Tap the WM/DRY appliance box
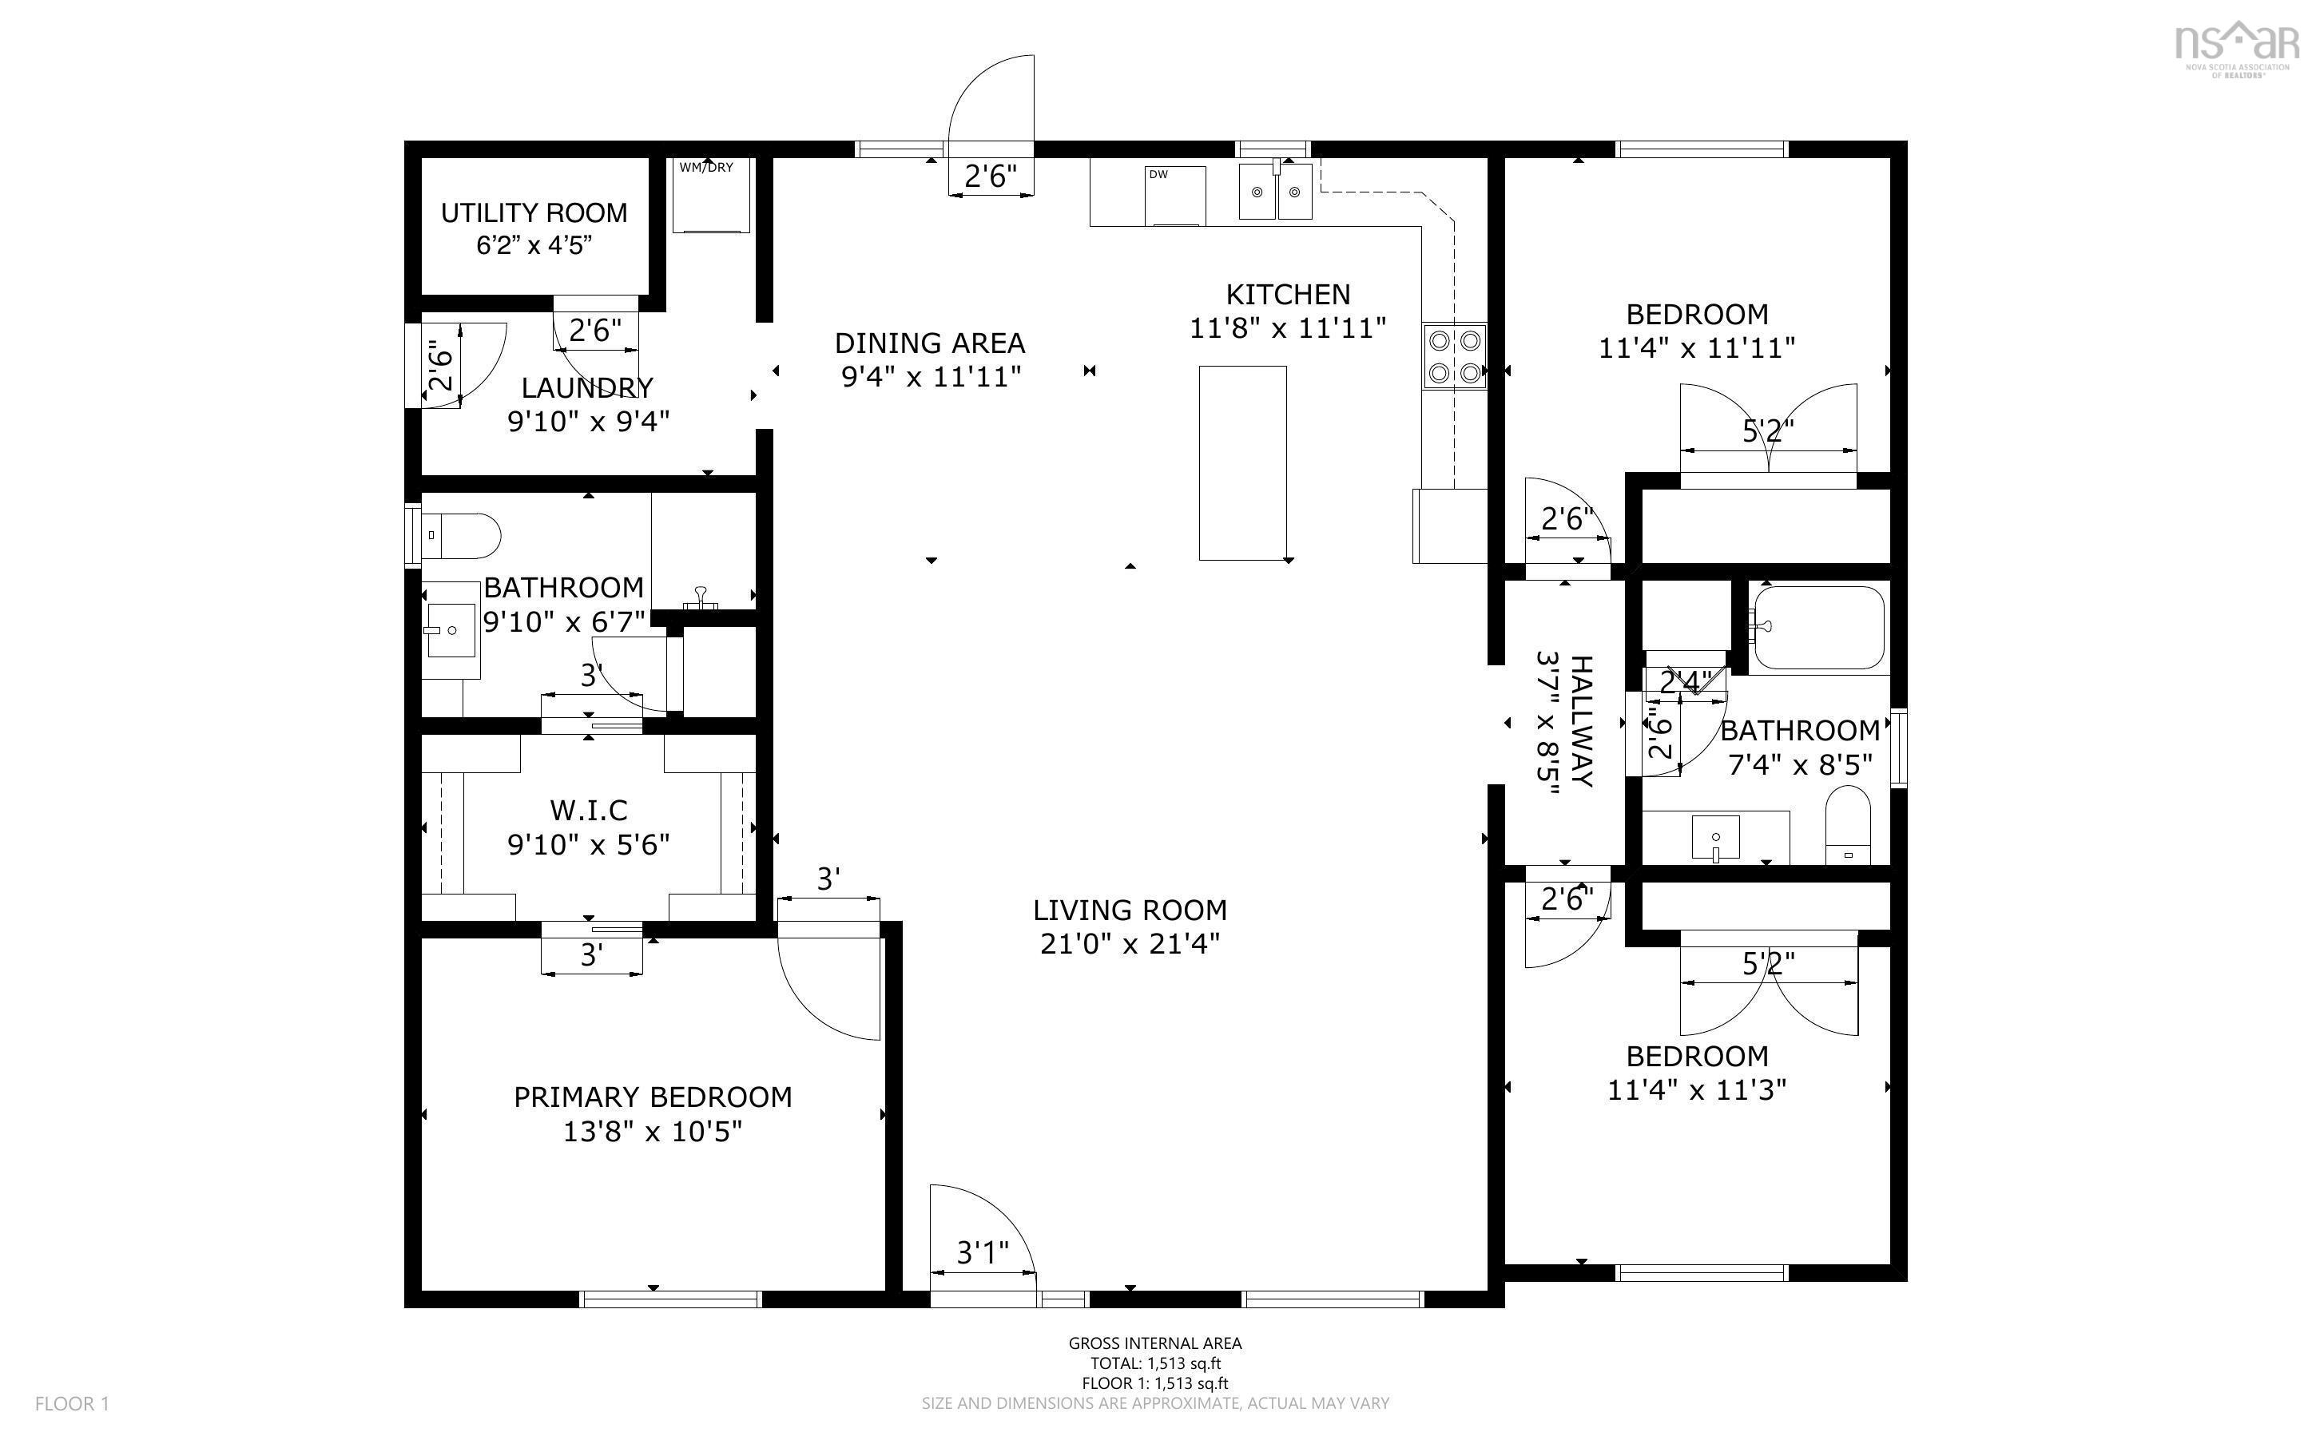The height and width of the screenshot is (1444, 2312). (x=712, y=194)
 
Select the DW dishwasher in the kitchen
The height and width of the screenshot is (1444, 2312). (x=1176, y=196)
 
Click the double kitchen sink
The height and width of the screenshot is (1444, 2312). (x=1276, y=191)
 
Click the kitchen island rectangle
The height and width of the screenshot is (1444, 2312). (x=1242, y=462)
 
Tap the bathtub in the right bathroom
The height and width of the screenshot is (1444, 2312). (x=1818, y=628)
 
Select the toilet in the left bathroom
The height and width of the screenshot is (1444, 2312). (x=461, y=535)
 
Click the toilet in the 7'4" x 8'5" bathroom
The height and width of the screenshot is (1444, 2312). (x=1849, y=824)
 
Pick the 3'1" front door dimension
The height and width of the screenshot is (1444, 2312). (x=983, y=1252)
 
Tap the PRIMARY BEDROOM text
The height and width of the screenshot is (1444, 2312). (x=653, y=1097)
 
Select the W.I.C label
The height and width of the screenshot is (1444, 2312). (x=588, y=810)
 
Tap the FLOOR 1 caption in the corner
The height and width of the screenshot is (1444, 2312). (x=73, y=1403)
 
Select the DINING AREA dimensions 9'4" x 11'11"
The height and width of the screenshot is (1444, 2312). (x=931, y=376)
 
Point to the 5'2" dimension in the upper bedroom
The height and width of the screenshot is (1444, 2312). (x=1769, y=431)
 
